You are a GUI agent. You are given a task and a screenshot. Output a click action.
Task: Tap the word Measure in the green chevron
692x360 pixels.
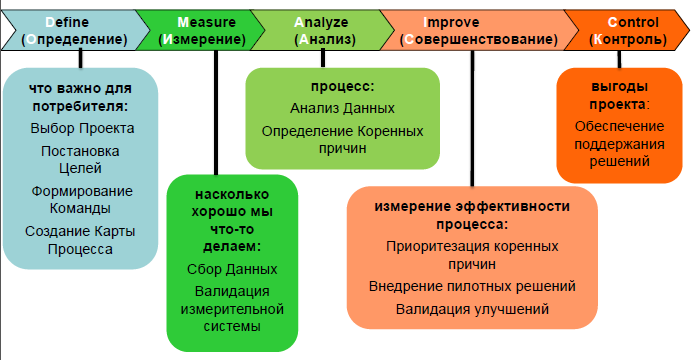pos(207,21)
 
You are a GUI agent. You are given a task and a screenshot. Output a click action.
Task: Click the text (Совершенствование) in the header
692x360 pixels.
pos(479,40)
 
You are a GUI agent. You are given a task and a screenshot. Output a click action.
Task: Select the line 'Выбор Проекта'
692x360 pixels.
pos(82,128)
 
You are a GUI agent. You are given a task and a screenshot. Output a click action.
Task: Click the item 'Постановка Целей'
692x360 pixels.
pos(82,159)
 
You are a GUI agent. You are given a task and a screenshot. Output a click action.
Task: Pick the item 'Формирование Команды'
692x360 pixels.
pos(82,200)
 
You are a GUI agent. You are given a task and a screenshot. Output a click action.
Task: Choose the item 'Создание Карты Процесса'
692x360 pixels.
pos(82,241)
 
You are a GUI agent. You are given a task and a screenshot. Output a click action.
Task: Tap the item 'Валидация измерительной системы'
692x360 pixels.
pos(232,308)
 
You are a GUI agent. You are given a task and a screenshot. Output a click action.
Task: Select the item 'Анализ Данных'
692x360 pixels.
pos(343,107)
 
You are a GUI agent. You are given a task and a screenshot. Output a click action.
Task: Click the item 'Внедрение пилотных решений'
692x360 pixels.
pos(472,286)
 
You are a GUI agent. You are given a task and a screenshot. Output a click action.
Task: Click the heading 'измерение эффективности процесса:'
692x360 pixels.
pos(472,215)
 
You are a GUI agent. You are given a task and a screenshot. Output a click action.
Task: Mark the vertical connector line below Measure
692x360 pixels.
pos(216,110)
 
